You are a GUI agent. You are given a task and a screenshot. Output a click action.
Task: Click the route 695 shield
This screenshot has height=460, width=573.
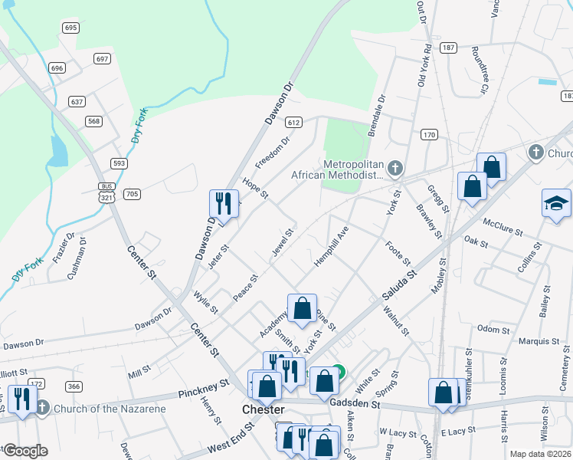pos(71,28)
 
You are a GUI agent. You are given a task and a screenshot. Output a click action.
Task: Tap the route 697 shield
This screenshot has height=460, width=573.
pos(102,58)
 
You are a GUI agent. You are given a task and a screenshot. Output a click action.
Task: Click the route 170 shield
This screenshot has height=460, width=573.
pos(428,135)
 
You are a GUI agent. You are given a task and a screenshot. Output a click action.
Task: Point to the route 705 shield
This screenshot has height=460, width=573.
pos(132,195)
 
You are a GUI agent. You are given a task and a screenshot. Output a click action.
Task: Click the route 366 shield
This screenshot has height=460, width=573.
pos(74,386)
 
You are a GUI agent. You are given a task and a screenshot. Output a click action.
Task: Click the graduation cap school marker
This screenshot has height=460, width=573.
pos(556,203)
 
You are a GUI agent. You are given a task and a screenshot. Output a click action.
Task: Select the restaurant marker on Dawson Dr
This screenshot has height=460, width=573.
pos(222,202)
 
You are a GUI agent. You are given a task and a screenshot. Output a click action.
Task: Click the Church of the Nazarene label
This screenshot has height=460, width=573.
pos(109,409)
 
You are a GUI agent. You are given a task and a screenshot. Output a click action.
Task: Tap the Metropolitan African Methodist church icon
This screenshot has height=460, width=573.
pos(395,168)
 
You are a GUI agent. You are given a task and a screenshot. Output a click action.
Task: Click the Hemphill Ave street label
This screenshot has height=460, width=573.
pos(331,246)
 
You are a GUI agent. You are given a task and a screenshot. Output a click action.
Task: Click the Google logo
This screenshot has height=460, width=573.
pos(25,451)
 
